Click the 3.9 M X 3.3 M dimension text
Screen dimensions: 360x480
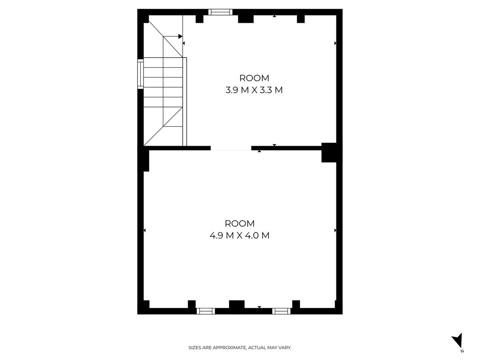254,90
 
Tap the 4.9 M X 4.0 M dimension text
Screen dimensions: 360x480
239,236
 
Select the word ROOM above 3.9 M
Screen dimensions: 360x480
254,78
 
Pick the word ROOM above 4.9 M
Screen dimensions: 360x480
239,224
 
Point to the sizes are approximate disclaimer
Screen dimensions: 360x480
240,348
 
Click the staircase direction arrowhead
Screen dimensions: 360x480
180,36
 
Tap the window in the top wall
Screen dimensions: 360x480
222,12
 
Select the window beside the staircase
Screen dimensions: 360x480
140,74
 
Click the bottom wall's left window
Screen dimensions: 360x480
206,311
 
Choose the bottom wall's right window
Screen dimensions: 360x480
282,311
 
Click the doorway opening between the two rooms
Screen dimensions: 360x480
231,148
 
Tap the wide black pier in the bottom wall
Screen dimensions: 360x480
236,304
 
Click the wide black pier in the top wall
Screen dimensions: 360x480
246,18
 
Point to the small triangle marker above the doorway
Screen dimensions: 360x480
274,145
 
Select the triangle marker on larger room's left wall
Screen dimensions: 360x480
144,230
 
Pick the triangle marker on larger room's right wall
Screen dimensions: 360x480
335,230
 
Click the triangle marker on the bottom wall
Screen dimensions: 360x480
259,307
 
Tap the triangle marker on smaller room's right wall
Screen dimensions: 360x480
335,43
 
